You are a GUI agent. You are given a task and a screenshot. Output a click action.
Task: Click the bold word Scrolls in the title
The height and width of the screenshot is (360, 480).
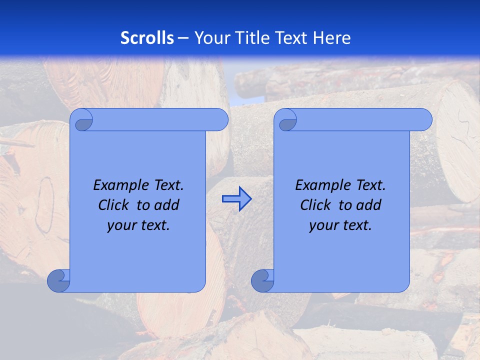tap(147, 38)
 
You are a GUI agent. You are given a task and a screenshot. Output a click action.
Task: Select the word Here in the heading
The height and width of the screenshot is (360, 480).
tap(331, 38)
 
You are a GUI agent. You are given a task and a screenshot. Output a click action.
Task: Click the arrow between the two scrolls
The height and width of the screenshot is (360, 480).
tap(236, 199)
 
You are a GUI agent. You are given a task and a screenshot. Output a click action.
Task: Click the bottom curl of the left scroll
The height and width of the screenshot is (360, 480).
tap(59, 281)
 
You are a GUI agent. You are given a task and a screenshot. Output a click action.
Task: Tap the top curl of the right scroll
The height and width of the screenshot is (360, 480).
tap(286, 120)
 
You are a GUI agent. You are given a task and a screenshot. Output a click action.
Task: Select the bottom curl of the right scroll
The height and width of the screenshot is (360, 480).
tap(263, 281)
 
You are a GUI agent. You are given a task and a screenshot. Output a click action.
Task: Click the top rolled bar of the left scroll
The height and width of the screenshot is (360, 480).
tap(160, 120)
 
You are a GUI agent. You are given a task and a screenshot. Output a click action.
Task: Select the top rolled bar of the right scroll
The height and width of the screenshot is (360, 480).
tap(364, 120)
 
